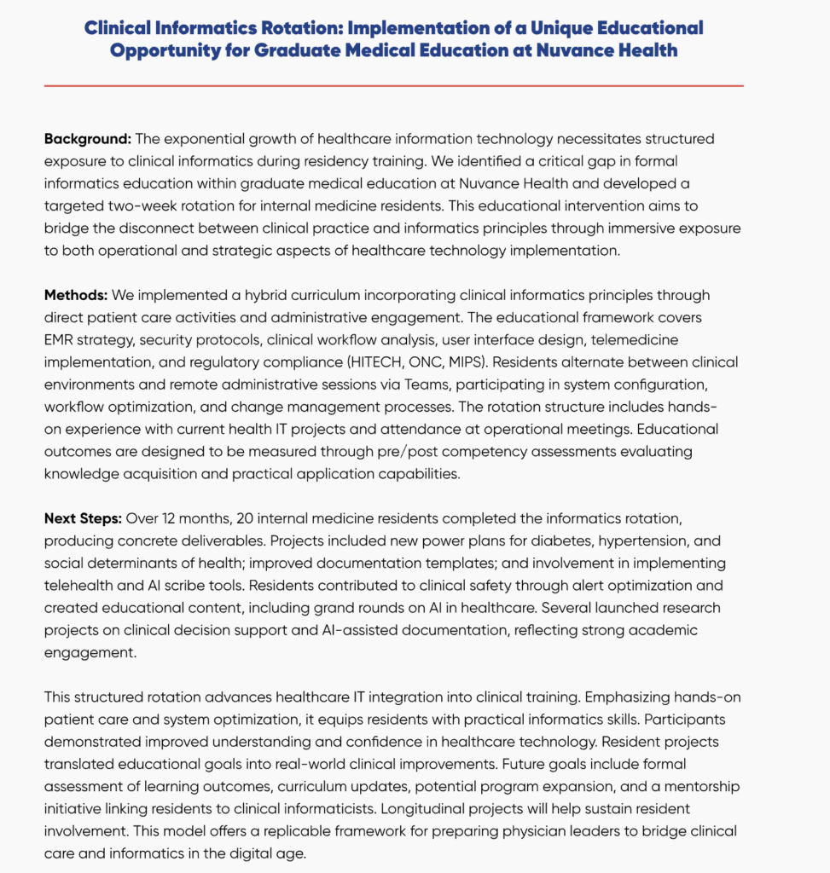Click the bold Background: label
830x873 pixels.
(x=88, y=138)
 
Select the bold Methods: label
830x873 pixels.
(x=76, y=295)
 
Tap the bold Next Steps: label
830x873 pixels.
(x=83, y=519)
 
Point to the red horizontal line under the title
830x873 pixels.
(x=393, y=85)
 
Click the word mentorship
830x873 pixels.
(x=699, y=786)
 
